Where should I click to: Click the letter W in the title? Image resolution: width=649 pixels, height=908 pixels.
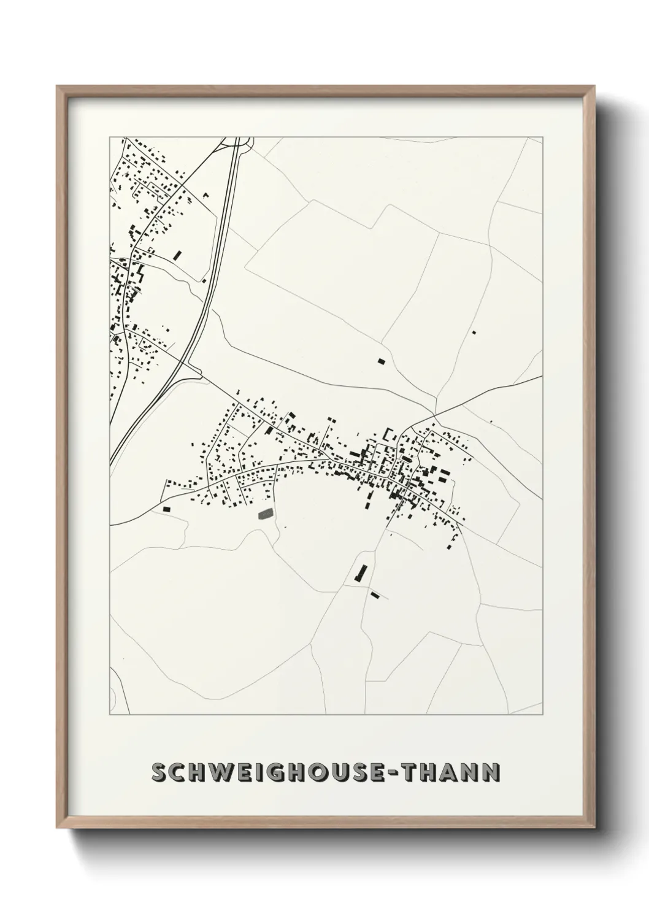[219, 772]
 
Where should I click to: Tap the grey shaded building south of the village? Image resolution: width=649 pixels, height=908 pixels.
[265, 514]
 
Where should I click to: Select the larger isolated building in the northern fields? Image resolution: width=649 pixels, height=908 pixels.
[381, 361]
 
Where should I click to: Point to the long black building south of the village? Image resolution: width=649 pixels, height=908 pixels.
[360, 573]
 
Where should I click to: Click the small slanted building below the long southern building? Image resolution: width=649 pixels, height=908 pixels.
[375, 594]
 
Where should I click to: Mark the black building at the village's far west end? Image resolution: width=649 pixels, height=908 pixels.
[166, 509]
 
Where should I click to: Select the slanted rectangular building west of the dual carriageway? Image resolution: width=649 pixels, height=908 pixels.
[179, 255]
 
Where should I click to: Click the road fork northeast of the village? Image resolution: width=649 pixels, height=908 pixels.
[436, 412]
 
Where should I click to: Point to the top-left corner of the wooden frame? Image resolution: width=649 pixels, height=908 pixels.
[57, 87]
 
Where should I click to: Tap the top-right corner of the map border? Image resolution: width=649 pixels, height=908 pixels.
[543, 137]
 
